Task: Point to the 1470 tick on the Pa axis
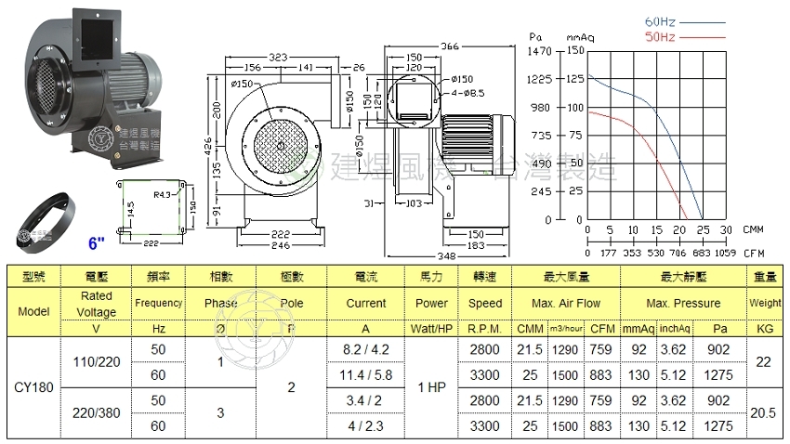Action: [541, 50]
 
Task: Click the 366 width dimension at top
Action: [451, 46]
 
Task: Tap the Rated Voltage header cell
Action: [97, 303]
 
